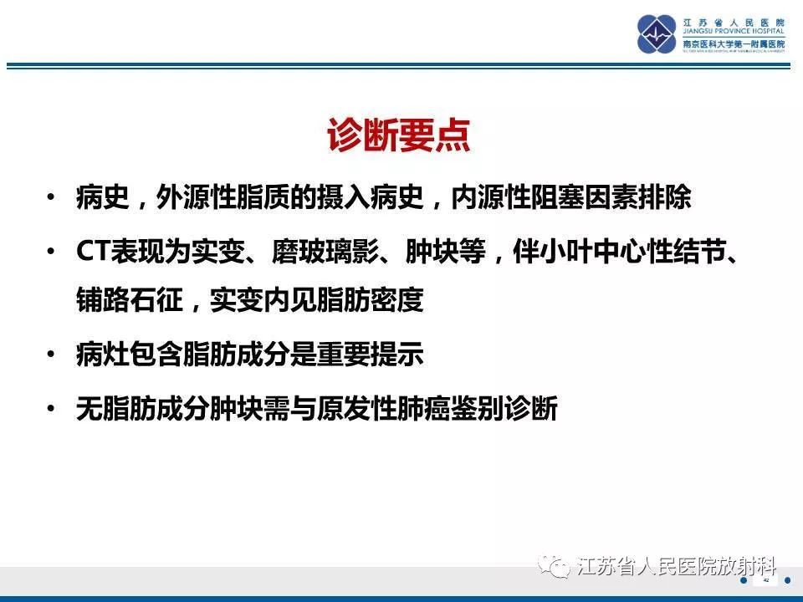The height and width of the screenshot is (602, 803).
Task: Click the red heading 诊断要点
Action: (x=398, y=136)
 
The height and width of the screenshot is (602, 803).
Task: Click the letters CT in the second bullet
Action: (x=89, y=252)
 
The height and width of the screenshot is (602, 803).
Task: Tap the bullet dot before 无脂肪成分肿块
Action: (x=53, y=410)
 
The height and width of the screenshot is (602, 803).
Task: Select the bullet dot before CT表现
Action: (x=53, y=253)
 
